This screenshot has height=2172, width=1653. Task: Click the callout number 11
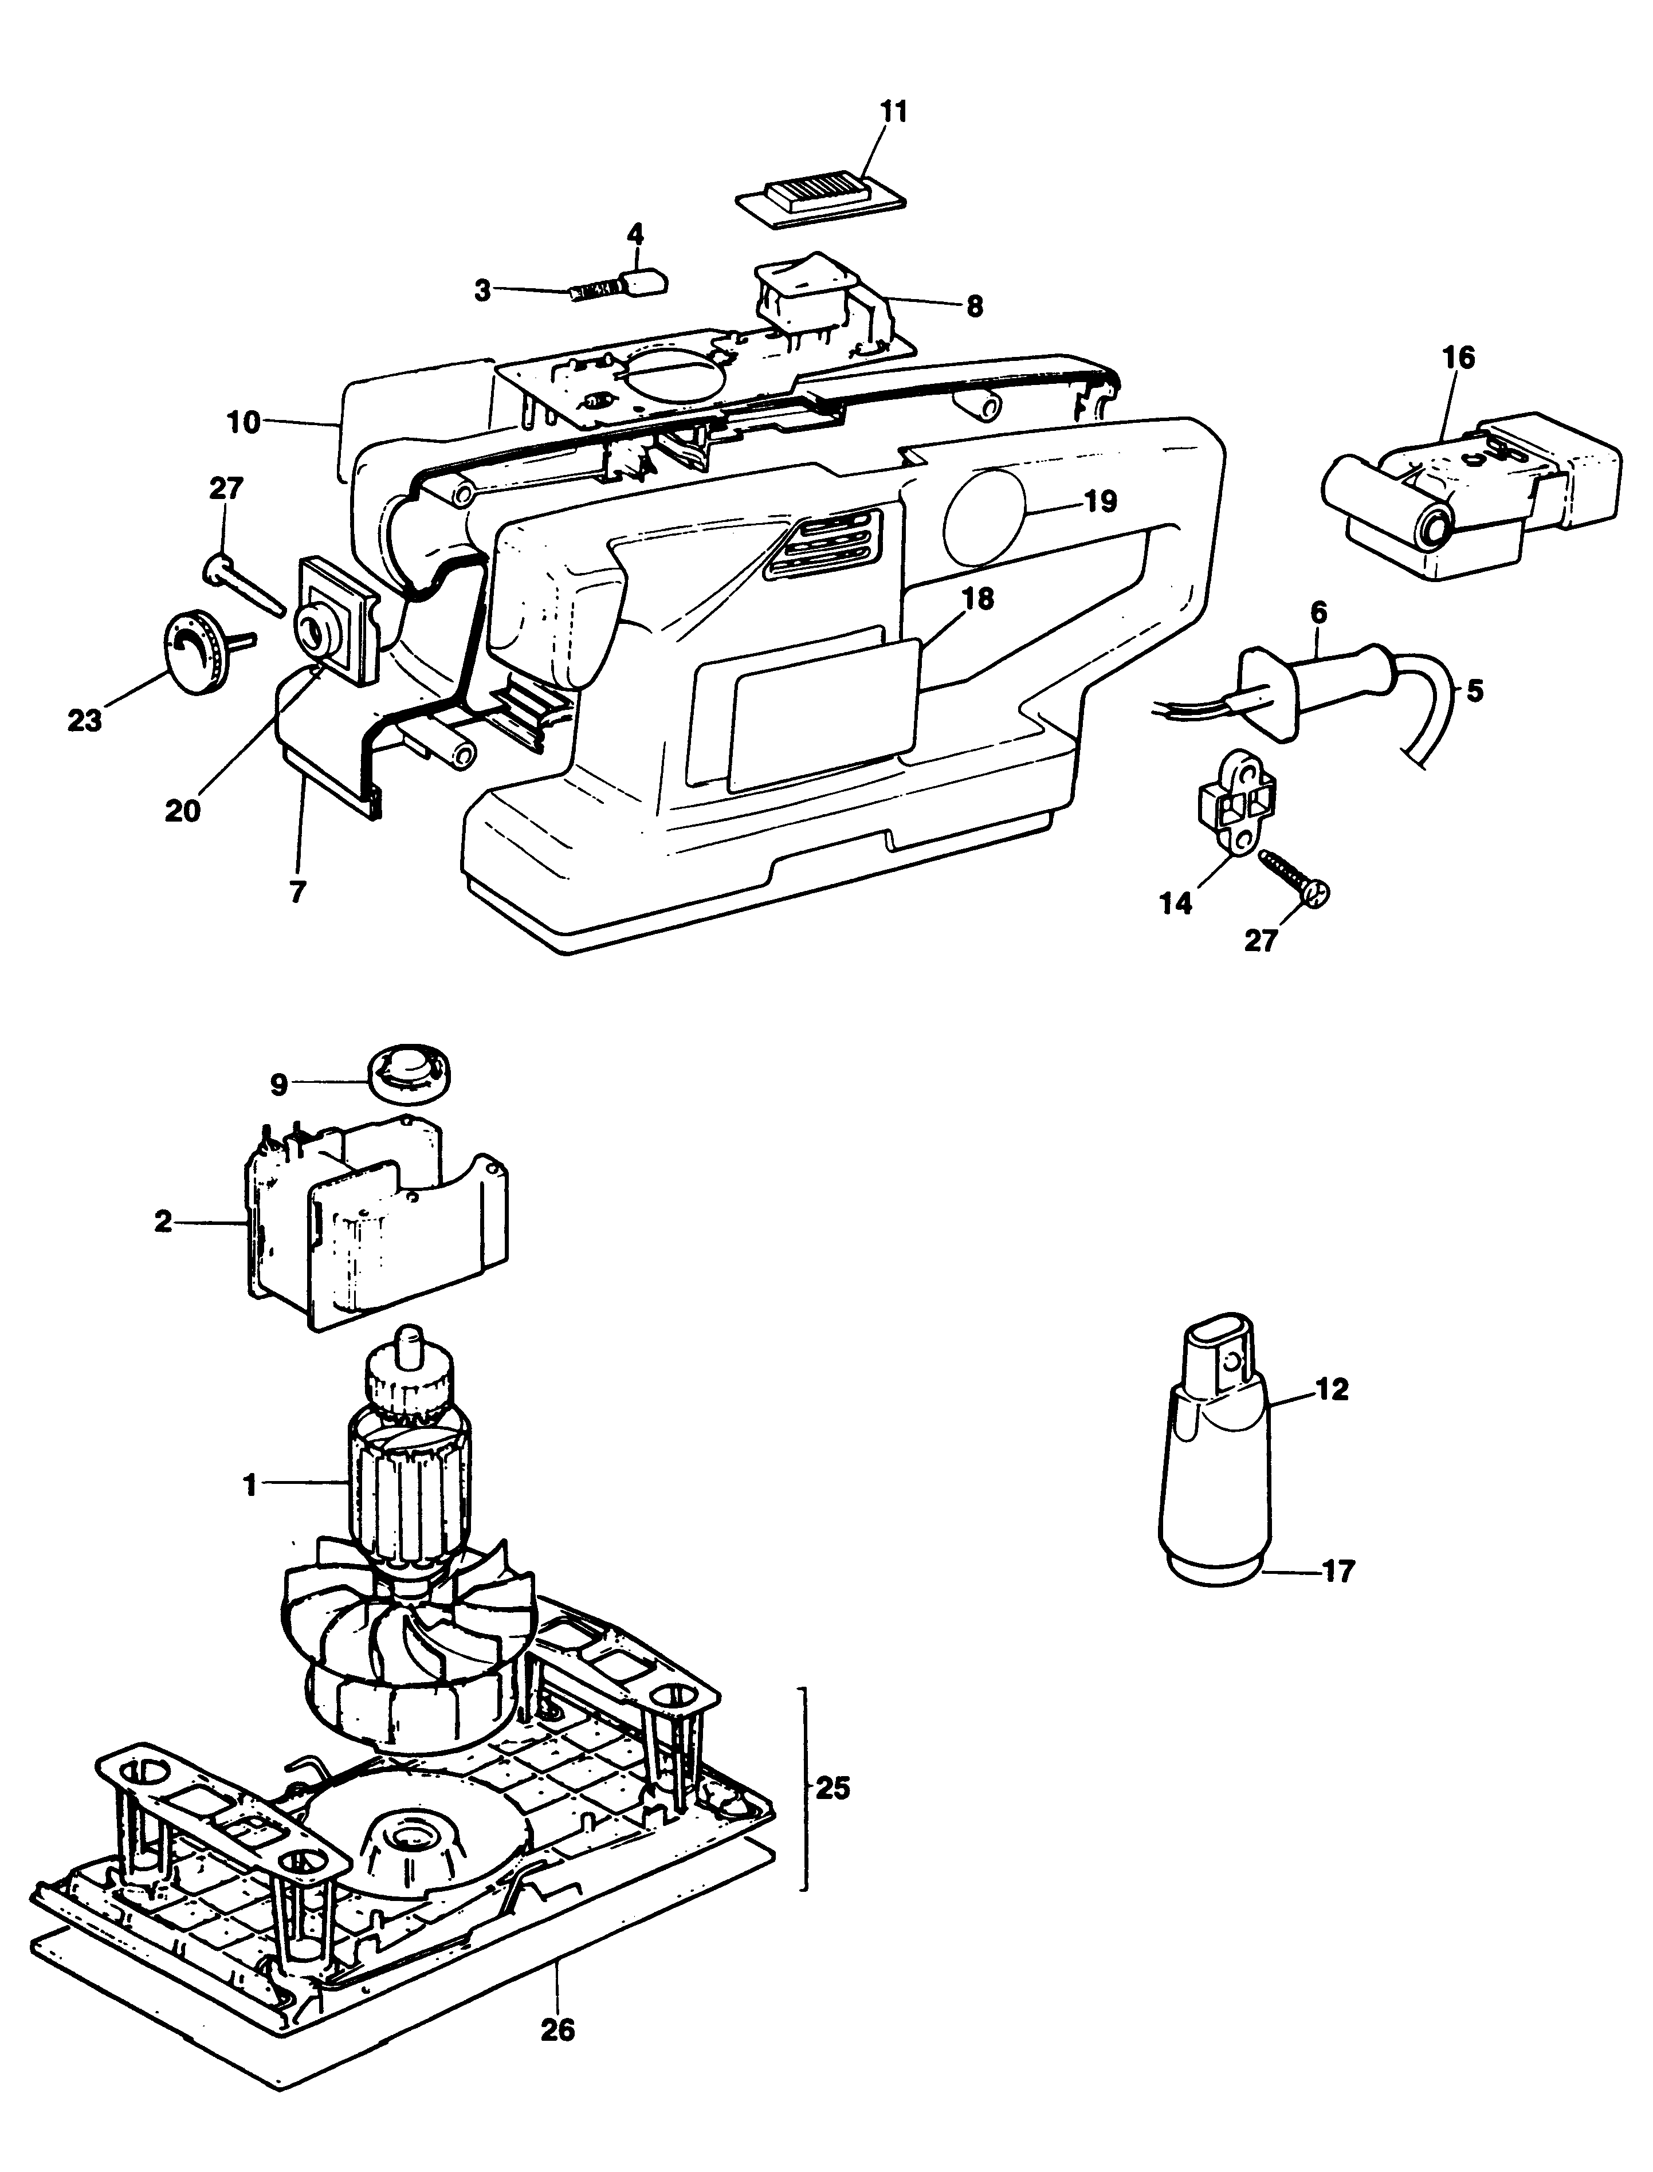[x=893, y=111]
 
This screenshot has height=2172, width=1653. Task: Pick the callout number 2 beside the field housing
[x=163, y=1223]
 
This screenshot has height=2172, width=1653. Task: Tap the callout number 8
[x=974, y=306]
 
